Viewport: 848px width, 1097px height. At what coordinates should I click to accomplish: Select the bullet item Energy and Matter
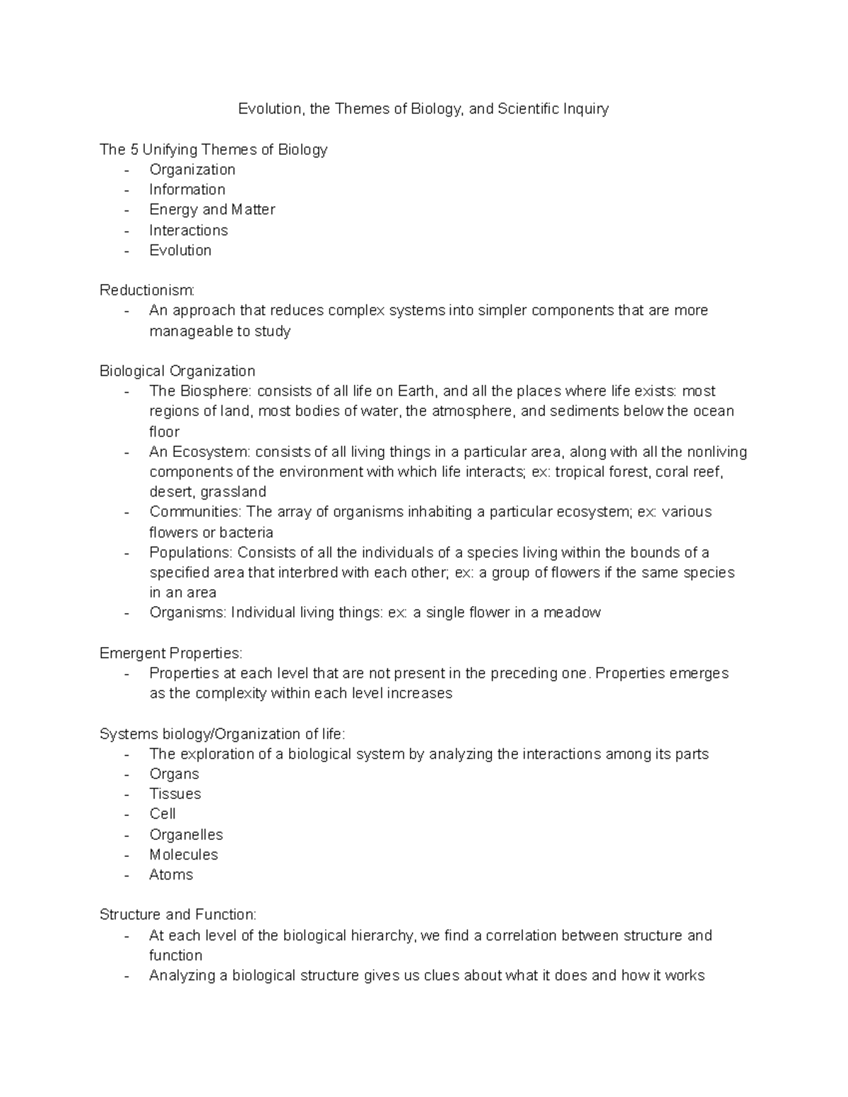point(212,210)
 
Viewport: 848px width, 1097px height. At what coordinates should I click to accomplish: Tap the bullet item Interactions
point(189,230)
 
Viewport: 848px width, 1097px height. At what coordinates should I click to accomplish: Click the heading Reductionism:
point(147,290)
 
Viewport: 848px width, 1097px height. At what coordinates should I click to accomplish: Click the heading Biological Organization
point(177,371)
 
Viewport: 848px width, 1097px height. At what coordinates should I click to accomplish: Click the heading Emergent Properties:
point(171,653)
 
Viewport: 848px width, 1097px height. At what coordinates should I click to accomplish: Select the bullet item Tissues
point(175,794)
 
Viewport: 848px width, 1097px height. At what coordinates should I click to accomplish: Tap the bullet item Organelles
point(186,835)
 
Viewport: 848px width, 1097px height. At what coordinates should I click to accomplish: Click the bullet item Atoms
point(171,874)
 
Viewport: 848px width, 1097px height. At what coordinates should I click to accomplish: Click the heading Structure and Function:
point(177,915)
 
